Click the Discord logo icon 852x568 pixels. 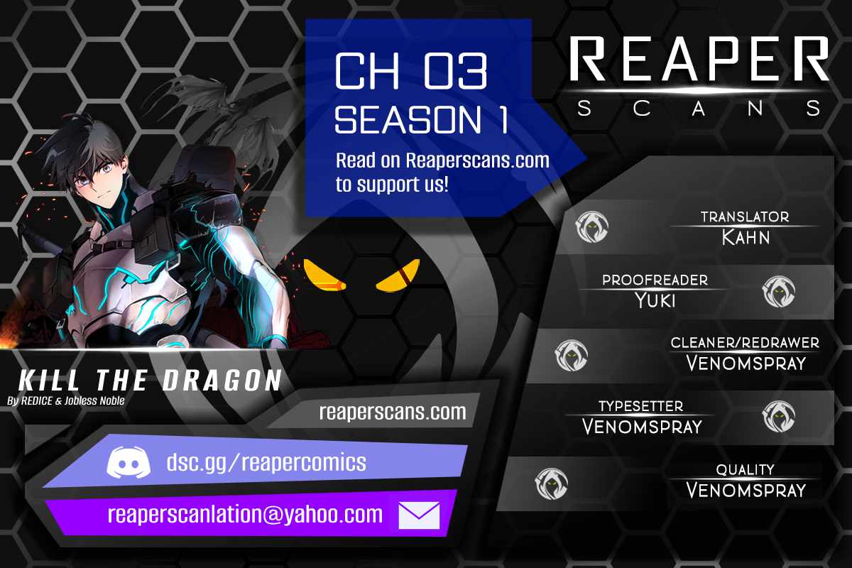coord(129,462)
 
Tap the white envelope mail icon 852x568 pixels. coord(419,515)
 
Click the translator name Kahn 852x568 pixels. coord(746,237)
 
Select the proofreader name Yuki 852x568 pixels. coord(655,300)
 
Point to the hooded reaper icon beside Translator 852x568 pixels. coord(592,226)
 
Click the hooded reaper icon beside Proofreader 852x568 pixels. coord(779,291)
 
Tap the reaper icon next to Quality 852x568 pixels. coord(551,484)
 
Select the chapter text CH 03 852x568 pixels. coord(411,71)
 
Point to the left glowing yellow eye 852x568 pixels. coord(324,275)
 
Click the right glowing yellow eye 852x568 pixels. coord(398,275)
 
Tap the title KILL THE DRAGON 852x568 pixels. coord(151,380)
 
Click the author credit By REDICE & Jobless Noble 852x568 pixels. coord(66,400)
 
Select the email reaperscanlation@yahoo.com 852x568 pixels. coord(246,515)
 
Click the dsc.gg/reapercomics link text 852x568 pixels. coord(266,463)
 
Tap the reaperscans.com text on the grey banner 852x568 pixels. coord(393,412)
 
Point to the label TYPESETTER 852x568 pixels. coord(641,406)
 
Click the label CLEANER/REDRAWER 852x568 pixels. coord(745,343)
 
